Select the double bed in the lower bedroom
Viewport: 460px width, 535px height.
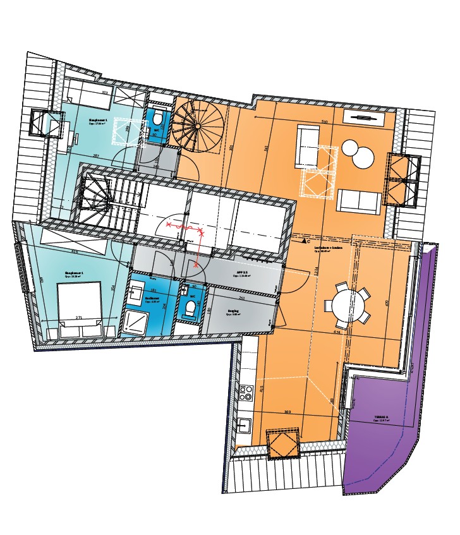[79, 301]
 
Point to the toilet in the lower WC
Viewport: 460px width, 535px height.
[190, 308]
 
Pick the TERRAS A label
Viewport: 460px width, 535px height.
[381, 418]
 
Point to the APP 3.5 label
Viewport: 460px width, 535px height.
[241, 273]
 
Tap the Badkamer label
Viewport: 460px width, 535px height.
[152, 299]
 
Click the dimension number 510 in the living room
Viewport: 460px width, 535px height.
[325, 122]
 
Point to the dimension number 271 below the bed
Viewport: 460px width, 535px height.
[79, 318]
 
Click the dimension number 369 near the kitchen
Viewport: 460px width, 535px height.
[287, 412]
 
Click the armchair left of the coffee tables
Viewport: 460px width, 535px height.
[308, 146]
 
